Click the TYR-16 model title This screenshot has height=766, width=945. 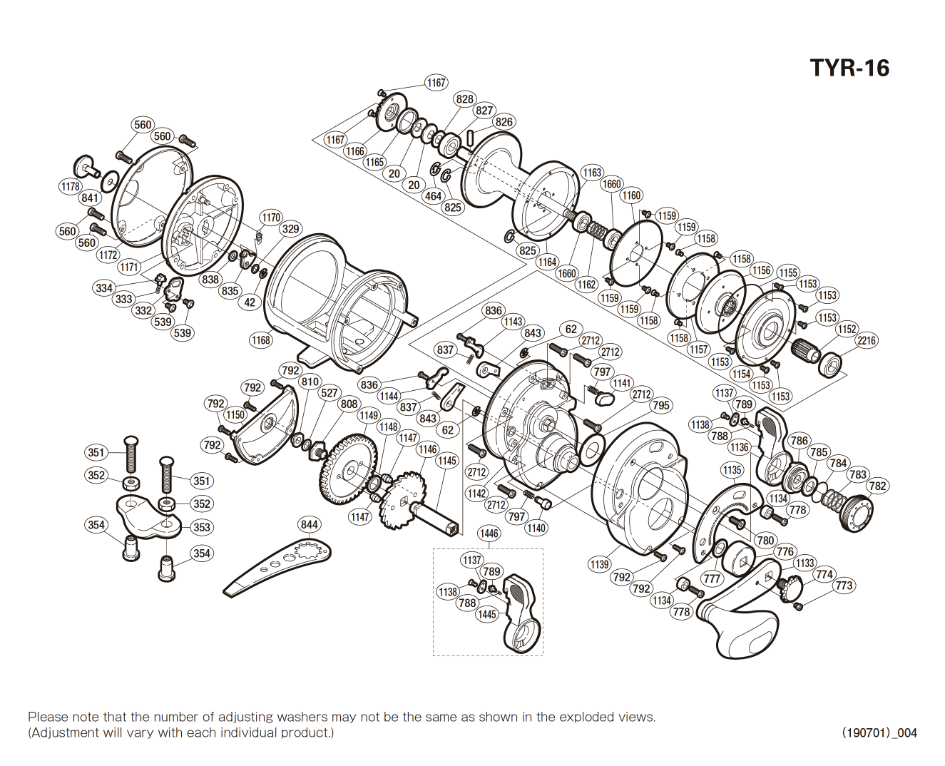click(x=849, y=68)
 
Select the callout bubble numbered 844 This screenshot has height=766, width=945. click(x=309, y=525)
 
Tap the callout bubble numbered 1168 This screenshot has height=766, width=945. click(x=261, y=340)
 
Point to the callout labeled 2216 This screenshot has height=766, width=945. click(x=867, y=340)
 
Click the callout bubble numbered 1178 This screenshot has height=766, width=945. click(x=70, y=186)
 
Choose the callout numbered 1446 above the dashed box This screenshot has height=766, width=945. click(x=489, y=533)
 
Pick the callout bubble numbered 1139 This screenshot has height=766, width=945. click(x=599, y=564)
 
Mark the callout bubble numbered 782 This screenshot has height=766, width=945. click(x=877, y=486)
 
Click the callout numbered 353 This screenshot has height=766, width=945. click(x=202, y=527)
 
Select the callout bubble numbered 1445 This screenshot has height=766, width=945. click(x=487, y=614)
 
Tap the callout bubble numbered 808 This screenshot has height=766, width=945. click(x=349, y=404)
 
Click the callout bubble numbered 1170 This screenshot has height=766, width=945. click(x=271, y=218)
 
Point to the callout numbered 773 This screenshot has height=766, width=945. click(x=844, y=586)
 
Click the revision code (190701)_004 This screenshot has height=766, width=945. click(x=879, y=732)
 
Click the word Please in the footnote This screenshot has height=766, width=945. click(x=47, y=717)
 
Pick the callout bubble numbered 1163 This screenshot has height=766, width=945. click(x=592, y=173)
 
